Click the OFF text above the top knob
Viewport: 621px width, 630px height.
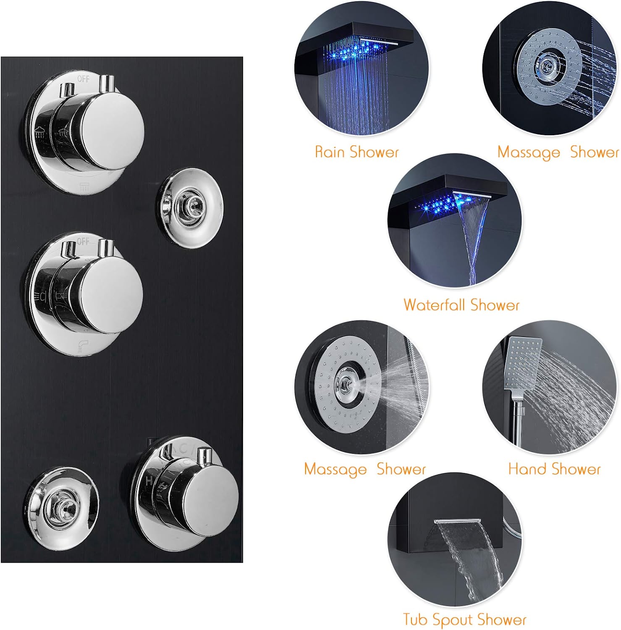(83, 79)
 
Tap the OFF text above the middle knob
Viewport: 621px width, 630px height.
(83, 241)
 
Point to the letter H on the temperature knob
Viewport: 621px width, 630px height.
(149, 480)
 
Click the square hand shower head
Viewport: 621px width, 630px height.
(522, 363)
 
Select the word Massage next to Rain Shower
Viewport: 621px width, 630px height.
(529, 152)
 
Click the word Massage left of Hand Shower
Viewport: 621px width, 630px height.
(335, 469)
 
